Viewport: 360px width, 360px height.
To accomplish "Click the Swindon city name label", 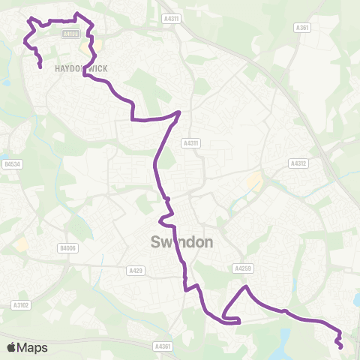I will (x=182, y=242).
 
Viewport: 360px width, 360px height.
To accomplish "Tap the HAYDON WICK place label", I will (x=81, y=68).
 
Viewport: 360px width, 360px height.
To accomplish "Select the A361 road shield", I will (x=302, y=28).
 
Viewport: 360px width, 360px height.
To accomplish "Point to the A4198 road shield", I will (x=70, y=34).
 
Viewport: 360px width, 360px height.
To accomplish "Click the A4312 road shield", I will (x=298, y=162).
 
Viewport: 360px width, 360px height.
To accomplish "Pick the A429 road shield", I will (x=136, y=270).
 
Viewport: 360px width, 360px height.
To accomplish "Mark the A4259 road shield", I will (x=241, y=268).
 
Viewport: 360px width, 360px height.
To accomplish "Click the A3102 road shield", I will (x=20, y=304).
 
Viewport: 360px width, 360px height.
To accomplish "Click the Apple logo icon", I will (x=12, y=347).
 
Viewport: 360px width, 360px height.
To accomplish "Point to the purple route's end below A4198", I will (x=40, y=67).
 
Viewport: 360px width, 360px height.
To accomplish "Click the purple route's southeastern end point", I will (x=342, y=347).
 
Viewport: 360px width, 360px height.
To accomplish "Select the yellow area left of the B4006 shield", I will (x=22, y=244).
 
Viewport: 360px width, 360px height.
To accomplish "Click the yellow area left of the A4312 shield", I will (x=256, y=181).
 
